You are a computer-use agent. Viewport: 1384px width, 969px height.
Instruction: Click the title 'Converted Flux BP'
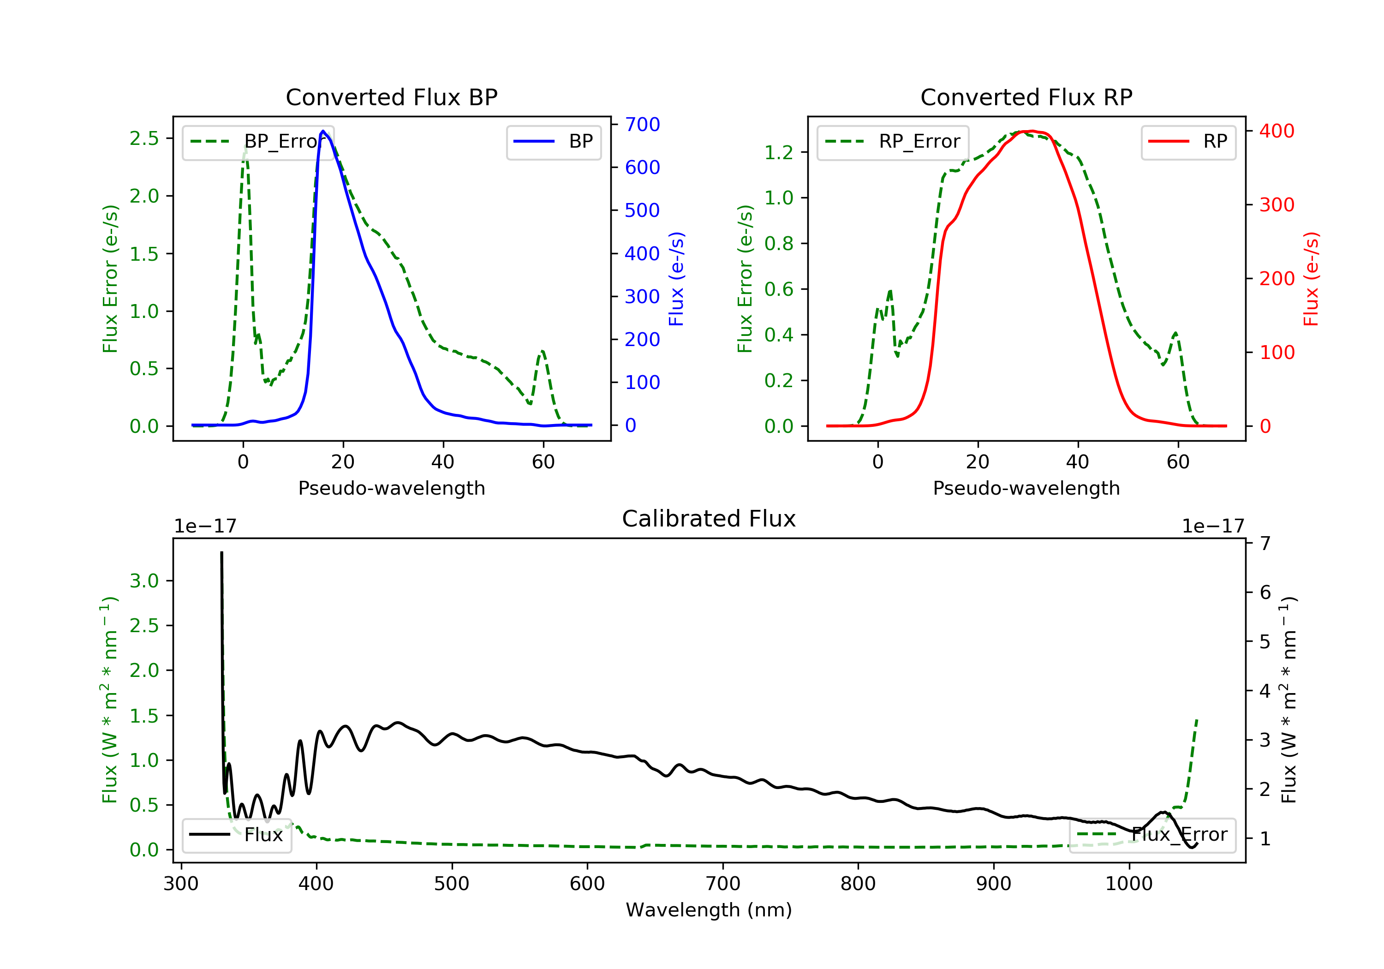coord(391,97)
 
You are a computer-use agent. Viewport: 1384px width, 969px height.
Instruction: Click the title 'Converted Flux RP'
coord(1026,97)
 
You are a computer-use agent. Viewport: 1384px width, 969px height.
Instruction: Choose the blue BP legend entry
coord(553,142)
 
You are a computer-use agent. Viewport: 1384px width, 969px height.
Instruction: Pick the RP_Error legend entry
coord(893,142)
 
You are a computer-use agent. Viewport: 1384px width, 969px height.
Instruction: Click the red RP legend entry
coord(1188,142)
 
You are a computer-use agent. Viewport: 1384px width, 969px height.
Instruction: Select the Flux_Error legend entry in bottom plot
coord(1152,835)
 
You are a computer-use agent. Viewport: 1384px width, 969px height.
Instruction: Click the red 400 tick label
coord(1277,131)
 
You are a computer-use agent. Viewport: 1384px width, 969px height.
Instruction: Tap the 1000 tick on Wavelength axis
coord(1128,884)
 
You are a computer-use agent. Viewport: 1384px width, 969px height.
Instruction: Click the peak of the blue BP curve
coord(323,131)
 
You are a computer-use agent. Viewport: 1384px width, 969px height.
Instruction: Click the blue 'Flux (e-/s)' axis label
coord(676,279)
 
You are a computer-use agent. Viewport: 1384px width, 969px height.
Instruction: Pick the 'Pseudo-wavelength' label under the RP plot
coord(1026,488)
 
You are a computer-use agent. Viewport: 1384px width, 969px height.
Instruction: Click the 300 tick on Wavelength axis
coord(181,884)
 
